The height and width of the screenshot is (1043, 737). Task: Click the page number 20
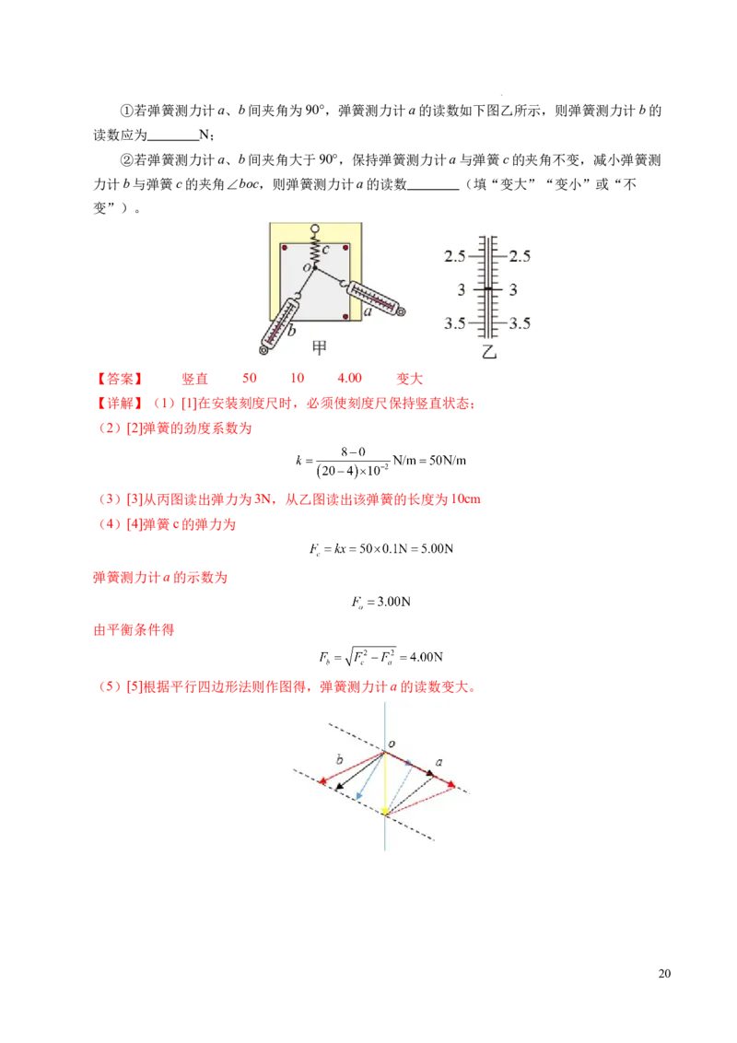point(664,974)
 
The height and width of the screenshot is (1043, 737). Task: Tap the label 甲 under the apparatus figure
point(320,347)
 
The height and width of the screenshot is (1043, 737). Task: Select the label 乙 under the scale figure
point(489,352)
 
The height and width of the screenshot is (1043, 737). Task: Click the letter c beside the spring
point(326,250)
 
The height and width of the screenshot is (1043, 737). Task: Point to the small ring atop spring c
point(315,229)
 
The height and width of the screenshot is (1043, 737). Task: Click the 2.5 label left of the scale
point(455,256)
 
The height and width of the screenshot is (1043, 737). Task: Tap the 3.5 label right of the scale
point(520,323)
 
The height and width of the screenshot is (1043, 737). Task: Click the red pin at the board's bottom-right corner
point(345,317)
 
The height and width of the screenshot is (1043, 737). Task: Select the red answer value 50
point(250,378)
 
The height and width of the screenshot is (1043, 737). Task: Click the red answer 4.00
point(349,378)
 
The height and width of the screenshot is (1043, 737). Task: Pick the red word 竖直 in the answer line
point(195,379)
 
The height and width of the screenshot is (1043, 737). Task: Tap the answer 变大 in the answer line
point(410,379)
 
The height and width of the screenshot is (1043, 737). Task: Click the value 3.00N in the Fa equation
point(393,602)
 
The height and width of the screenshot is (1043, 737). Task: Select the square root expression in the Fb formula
point(369,657)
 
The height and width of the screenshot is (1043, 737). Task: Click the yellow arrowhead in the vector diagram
point(385,811)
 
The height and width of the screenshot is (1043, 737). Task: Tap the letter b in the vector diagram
point(340,759)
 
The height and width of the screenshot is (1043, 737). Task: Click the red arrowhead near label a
point(451,785)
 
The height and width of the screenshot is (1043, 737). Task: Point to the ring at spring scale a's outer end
point(401,311)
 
